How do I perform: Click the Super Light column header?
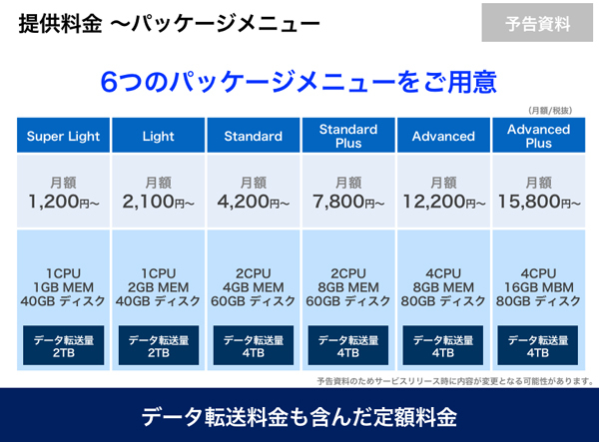coord(64,136)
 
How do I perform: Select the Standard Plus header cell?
coord(348,136)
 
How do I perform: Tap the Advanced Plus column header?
coord(539,136)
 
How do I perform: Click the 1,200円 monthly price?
coord(64,202)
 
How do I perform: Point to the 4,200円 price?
coord(254,202)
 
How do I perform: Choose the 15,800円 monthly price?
coord(539,202)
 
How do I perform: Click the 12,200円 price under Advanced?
coord(444,202)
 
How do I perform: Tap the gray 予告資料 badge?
coord(537,23)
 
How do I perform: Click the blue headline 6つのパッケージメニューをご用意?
coord(299,82)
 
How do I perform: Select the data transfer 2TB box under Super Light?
coord(64,345)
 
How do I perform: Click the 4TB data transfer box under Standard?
coord(254,345)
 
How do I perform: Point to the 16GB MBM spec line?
coord(539,287)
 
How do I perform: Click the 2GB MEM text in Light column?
coord(159,287)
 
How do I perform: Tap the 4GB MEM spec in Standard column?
coord(254,287)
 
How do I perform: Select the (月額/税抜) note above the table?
coord(550,111)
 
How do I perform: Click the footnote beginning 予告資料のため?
coord(455,381)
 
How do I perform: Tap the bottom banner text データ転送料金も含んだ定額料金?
coord(299,416)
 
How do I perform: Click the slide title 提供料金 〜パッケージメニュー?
coord(170,23)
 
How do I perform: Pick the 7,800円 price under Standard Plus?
coord(348,202)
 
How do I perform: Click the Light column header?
coord(159,136)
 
